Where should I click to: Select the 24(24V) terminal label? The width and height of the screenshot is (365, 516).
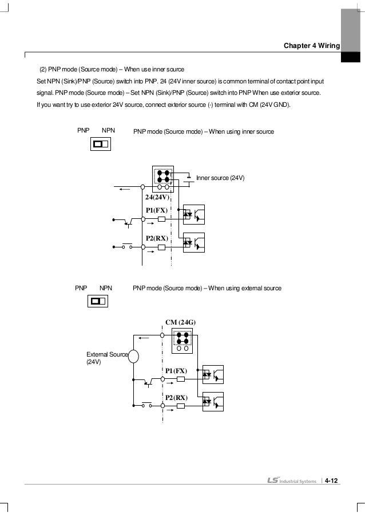pyautogui.click(x=158, y=198)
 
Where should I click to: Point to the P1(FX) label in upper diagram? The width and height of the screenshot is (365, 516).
pyautogui.click(x=157, y=210)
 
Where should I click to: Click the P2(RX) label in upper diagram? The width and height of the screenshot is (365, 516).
pyautogui.click(x=157, y=238)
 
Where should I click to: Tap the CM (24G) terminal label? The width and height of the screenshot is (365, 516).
pyautogui.click(x=181, y=322)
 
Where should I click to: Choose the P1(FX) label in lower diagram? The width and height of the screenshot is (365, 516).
pyautogui.click(x=176, y=371)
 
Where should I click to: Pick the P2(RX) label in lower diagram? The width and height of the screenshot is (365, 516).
pyautogui.click(x=176, y=397)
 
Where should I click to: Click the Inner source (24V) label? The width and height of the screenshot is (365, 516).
pyautogui.click(x=220, y=178)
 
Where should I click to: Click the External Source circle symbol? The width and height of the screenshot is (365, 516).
pyautogui.click(x=133, y=357)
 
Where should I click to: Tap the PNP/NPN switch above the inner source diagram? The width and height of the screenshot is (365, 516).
pyautogui.click(x=100, y=143)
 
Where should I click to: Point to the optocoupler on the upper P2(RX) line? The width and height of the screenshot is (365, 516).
pyautogui.click(x=193, y=243)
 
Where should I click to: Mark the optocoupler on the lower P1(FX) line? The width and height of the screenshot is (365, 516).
pyautogui.click(x=213, y=375)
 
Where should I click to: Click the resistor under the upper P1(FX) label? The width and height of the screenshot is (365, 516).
pyautogui.click(x=162, y=219)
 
